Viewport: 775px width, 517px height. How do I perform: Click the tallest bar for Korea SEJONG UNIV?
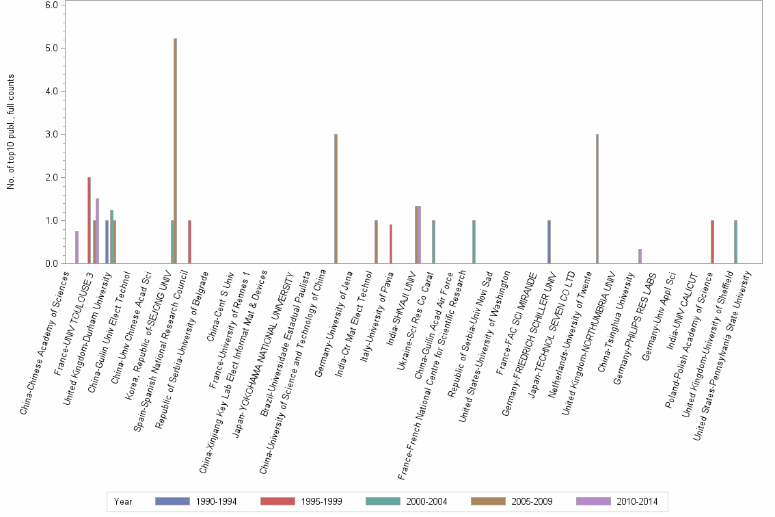click(176, 150)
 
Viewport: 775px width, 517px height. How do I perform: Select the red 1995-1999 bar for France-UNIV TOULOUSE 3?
click(89, 220)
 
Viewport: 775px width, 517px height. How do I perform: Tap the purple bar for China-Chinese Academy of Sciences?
click(77, 247)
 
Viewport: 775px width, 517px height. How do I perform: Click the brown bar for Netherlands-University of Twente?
click(597, 198)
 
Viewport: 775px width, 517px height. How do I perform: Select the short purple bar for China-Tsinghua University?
click(640, 256)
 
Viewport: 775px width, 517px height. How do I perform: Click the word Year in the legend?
click(123, 502)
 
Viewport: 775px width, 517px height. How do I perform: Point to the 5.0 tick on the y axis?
click(54, 49)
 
